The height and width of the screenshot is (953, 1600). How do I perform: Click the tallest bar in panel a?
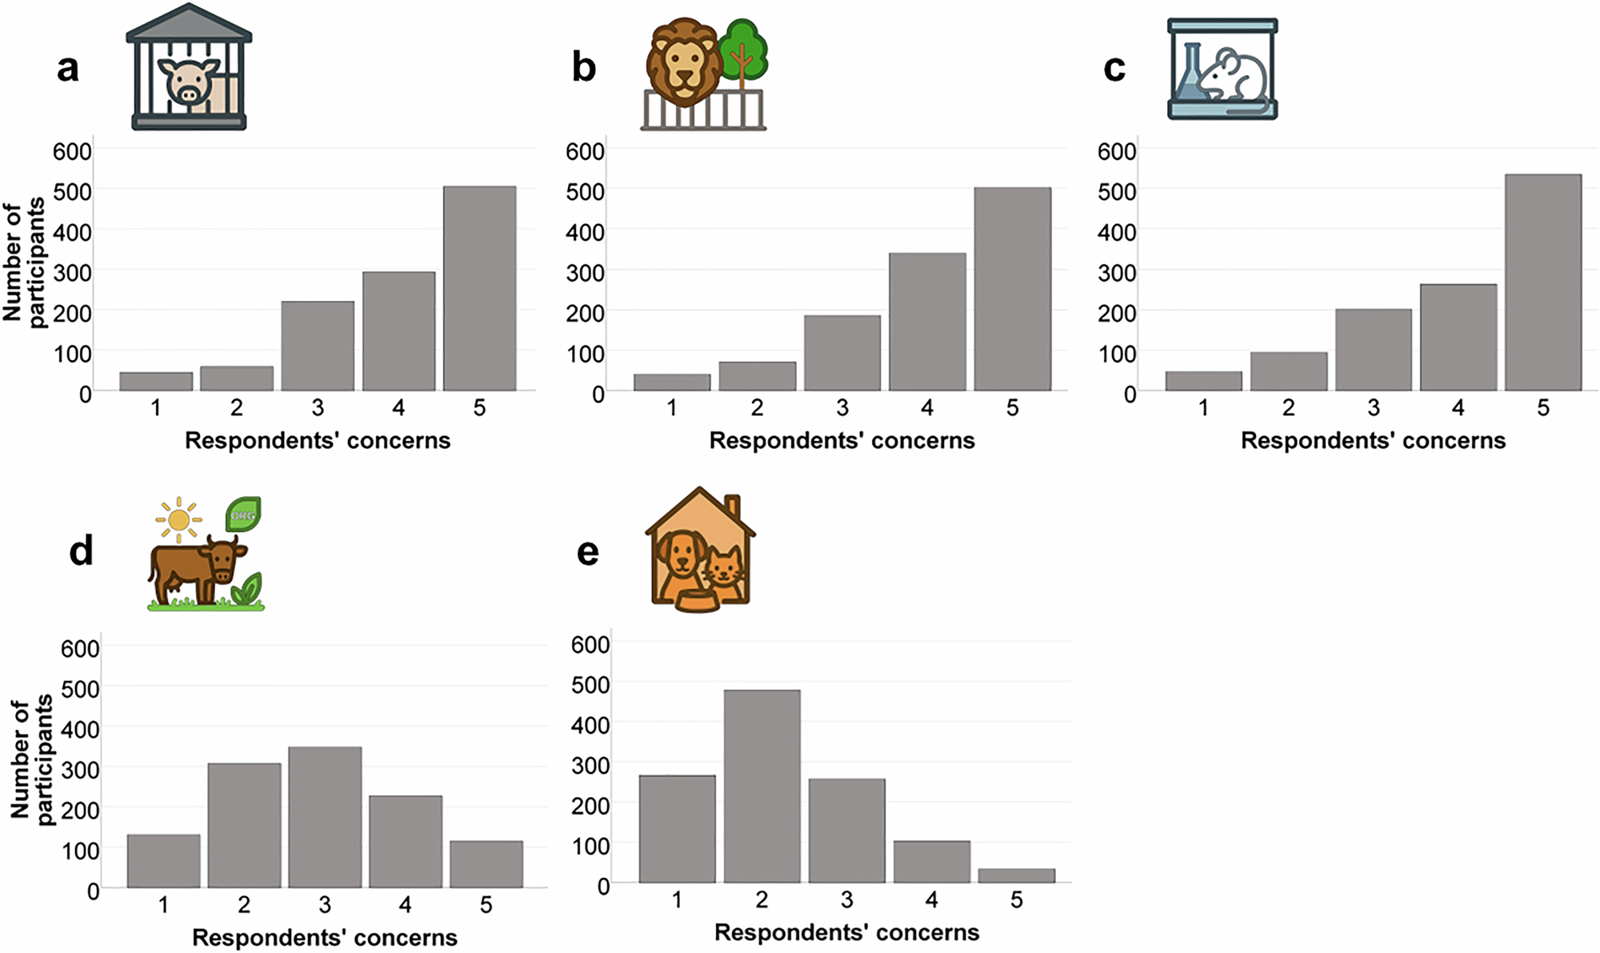point(479,289)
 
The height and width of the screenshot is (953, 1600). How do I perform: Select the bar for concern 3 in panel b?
point(842,353)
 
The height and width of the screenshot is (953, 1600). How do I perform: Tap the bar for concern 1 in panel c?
point(1203,381)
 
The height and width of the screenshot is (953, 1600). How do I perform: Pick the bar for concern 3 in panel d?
point(325,817)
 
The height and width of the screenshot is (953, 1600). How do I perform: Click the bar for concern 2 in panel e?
point(762,787)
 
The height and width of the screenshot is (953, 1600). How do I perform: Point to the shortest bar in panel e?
point(1016,875)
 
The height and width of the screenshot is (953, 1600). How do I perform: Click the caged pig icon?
point(190,66)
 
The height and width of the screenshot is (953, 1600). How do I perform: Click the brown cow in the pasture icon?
point(198,569)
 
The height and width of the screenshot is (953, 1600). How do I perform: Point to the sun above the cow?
point(179,520)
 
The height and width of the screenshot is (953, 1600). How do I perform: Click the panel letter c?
point(1114,69)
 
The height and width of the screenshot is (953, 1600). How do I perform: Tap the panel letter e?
point(588,553)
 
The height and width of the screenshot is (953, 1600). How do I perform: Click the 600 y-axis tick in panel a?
point(72,150)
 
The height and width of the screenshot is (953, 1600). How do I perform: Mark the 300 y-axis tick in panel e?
point(590,765)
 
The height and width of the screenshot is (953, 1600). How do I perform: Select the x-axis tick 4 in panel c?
point(1458,408)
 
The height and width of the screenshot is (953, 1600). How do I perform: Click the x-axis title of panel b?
point(842,440)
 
